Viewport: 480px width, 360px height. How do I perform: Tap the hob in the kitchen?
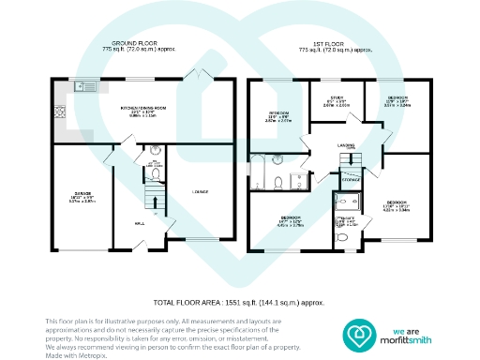pos(59,112)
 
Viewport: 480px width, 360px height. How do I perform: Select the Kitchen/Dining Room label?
pos(143,109)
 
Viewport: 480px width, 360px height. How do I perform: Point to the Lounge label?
pos(200,192)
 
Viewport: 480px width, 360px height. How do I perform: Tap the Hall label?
pos(139,223)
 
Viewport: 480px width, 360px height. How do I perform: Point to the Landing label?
pos(346,145)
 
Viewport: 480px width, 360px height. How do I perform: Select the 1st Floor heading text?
pos(334,42)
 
